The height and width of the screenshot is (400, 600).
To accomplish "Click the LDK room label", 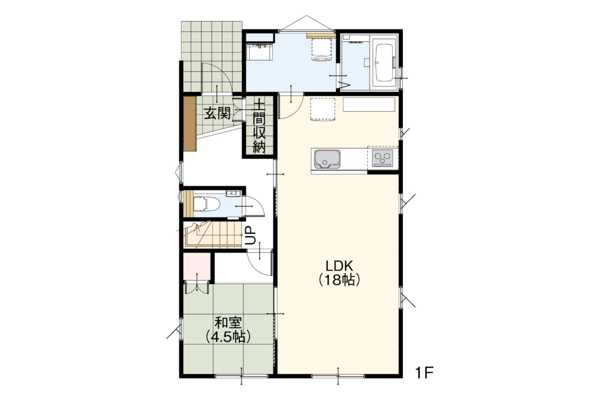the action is click(x=339, y=265).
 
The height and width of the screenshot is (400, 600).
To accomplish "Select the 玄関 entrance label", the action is click(x=217, y=113).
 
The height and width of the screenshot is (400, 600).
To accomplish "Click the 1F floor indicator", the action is click(x=424, y=373).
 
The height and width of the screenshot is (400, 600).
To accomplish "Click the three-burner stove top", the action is click(x=383, y=158).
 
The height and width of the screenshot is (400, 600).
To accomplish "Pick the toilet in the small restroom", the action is click(x=205, y=204).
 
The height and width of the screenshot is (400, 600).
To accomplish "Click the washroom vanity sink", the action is click(x=260, y=51).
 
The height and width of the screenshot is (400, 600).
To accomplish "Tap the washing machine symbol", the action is click(x=321, y=49).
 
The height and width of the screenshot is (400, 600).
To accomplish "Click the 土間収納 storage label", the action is click(x=259, y=126).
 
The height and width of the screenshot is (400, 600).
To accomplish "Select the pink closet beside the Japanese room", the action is click(x=196, y=266).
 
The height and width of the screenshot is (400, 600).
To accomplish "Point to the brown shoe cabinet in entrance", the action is click(x=190, y=123).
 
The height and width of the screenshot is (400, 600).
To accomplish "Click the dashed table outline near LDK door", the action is click(x=322, y=109).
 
